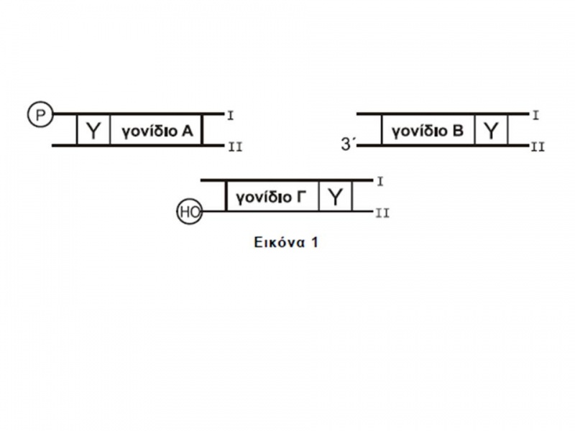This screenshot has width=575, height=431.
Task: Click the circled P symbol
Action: click(37, 113)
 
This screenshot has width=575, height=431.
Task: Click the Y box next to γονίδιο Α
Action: click(93, 130)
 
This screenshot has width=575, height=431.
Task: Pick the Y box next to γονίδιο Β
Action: click(490, 130)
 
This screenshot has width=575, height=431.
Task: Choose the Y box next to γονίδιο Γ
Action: click(336, 196)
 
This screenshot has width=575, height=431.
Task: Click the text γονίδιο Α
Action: click(157, 131)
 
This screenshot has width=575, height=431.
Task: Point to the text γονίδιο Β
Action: click(428, 131)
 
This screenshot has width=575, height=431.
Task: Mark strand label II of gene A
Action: click(234, 147)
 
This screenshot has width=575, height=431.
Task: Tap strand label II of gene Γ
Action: click(383, 213)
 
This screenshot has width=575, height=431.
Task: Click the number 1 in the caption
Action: click(314, 242)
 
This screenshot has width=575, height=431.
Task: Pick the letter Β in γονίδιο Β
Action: click(459, 131)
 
